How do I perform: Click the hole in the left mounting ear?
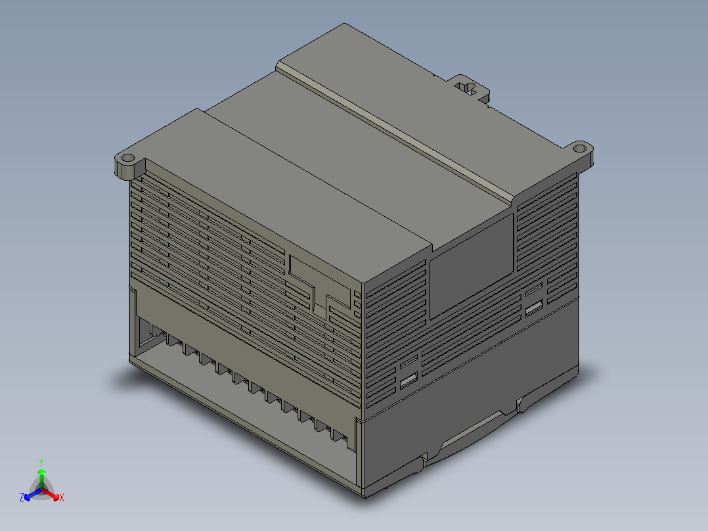click(127, 158)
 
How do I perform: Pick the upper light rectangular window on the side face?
click(534, 307)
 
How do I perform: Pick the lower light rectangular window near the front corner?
click(409, 380)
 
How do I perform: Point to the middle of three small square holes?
click(356, 304)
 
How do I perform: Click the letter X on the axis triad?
click(62, 498)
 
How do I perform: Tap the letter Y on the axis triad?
click(41, 462)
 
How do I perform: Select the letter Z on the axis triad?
click(21, 498)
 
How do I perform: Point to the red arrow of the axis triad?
click(53, 494)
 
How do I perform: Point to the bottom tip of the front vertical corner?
click(363, 494)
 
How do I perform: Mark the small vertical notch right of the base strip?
click(520, 405)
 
